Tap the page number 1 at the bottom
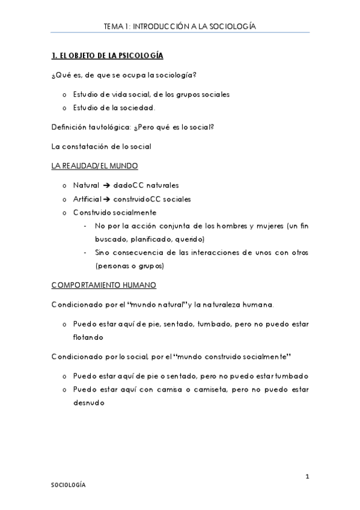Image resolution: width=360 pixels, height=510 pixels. [307, 478]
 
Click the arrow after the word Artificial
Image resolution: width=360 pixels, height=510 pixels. [106, 199]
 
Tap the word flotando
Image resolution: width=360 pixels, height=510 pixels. [89, 337]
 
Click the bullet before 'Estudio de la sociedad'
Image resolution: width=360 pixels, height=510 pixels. [64, 108]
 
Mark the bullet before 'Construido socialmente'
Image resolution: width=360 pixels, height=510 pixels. [64, 213]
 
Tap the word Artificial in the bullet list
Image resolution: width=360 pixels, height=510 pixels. [87, 199]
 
